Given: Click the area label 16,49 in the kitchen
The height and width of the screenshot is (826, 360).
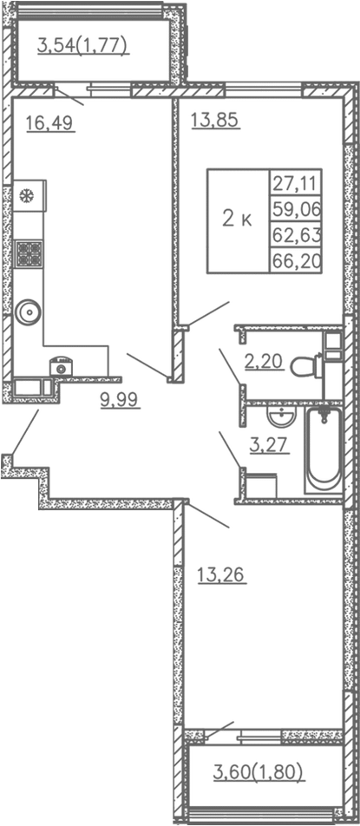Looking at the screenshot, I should (49, 123).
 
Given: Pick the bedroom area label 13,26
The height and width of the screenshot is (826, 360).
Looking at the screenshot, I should (222, 574).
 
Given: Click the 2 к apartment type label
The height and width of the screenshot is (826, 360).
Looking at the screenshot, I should (237, 220).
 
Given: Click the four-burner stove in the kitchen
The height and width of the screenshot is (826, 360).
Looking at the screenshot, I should (29, 252).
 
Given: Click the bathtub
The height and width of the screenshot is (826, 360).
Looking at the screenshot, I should (325, 449).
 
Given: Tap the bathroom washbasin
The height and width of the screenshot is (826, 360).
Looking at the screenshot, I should (279, 419).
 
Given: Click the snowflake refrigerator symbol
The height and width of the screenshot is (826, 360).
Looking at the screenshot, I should (26, 195).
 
